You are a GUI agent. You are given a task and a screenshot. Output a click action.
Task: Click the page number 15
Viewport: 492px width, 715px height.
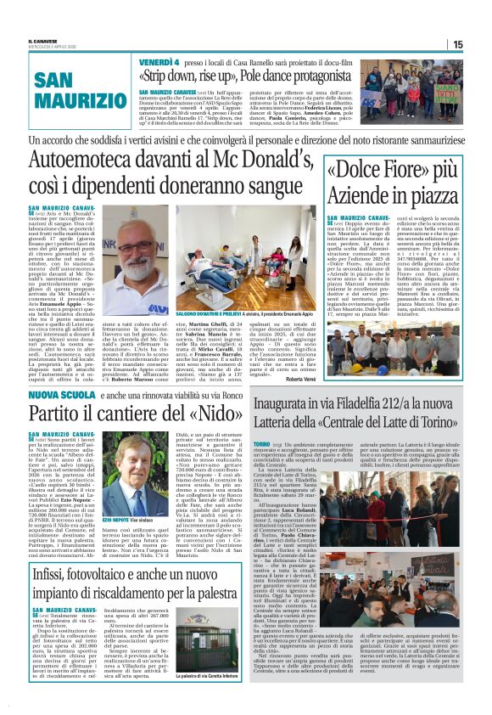click(457, 44)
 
